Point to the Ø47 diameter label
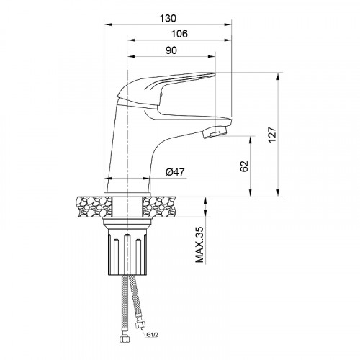click(x=176, y=172)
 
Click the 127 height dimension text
click(x=271, y=135)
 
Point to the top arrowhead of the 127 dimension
click(x=279, y=74)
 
